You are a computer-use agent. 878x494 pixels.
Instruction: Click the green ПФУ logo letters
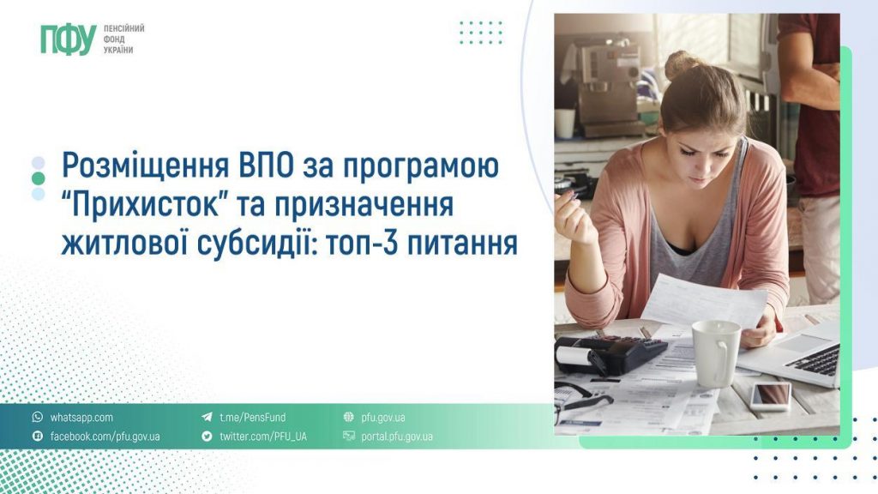coord(67,39)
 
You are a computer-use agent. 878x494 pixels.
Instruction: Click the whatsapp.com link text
coord(81,418)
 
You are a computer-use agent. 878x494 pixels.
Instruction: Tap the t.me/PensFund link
coord(252,418)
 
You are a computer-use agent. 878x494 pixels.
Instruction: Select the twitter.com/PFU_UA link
coord(262,437)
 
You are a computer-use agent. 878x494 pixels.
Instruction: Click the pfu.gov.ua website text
coord(382,418)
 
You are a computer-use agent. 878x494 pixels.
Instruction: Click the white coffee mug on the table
coord(714,352)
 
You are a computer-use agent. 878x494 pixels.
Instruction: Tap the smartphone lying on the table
coord(771,395)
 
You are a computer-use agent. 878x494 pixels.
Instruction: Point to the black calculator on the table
coord(610,352)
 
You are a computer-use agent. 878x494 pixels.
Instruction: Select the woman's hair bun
coord(683,64)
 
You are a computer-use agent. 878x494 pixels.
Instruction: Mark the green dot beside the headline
coord(38,178)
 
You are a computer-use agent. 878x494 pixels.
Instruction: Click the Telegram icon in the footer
coord(207,418)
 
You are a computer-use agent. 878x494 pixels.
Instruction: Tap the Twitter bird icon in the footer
coord(207,437)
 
